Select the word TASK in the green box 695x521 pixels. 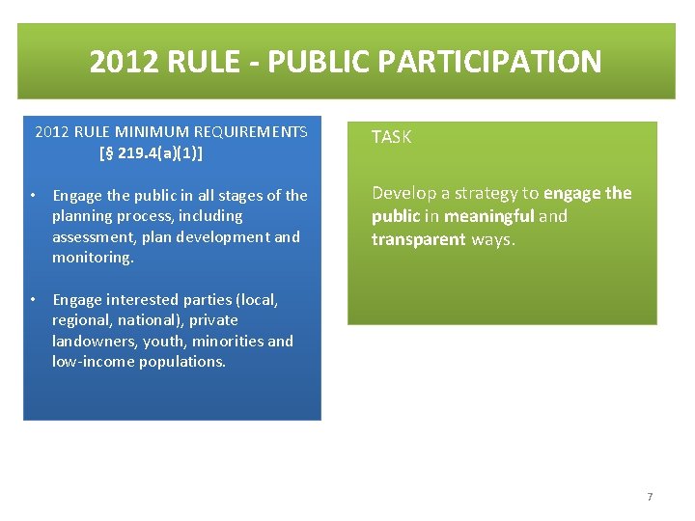pos(391,137)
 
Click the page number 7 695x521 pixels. pos(650,497)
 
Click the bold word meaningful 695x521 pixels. pos(488,216)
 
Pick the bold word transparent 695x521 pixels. pos(419,239)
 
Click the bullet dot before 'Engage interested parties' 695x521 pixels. pos(33,300)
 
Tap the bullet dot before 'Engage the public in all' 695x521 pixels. pos(33,196)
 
